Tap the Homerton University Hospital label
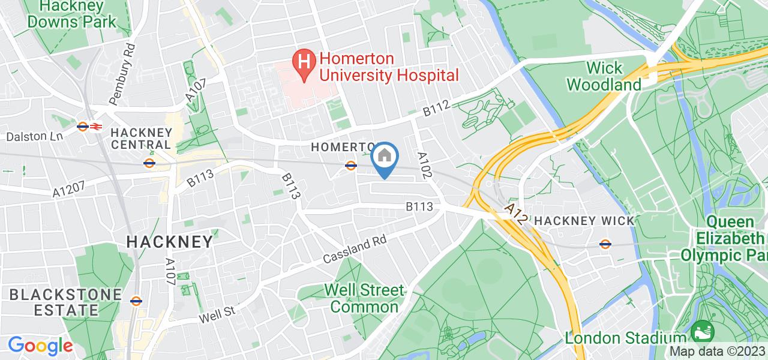[389, 67]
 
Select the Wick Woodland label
[604, 76]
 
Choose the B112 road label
[436, 109]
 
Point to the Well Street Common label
[364, 299]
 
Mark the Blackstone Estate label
[54, 302]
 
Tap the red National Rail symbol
[97, 127]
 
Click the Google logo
[40, 346]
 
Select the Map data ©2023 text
[718, 352]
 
